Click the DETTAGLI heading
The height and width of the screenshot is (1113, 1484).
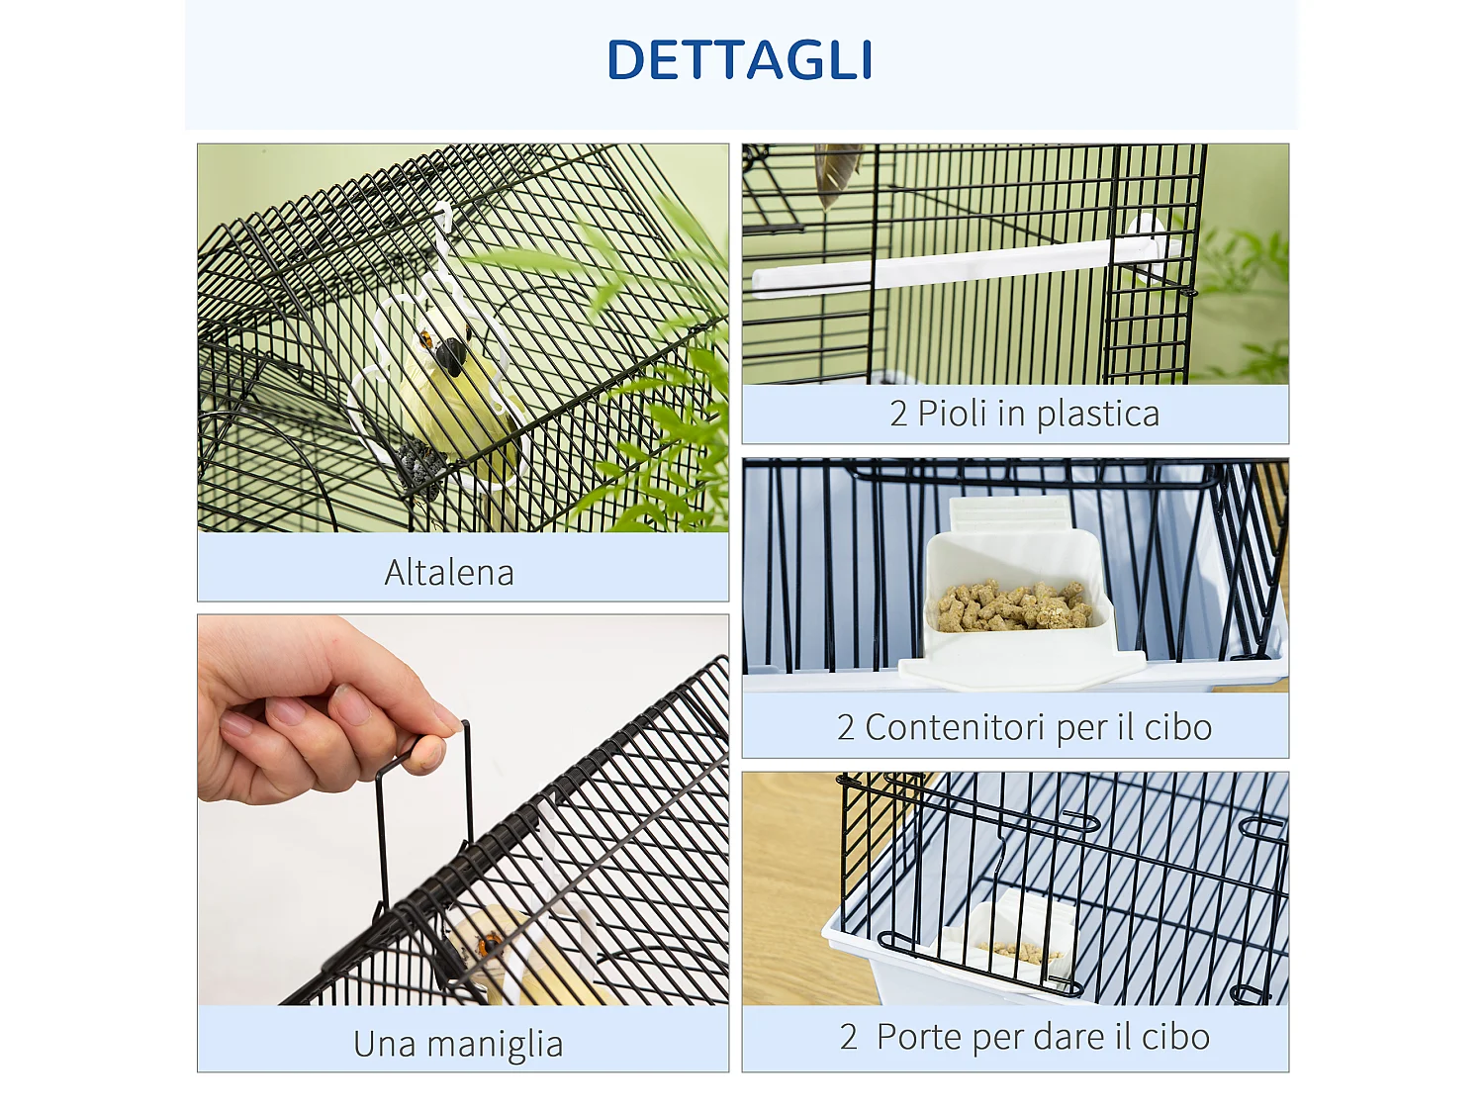(x=740, y=59)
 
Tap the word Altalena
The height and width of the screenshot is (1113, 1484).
(x=449, y=573)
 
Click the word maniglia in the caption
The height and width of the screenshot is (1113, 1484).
(x=495, y=1044)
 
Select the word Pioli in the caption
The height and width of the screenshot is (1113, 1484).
(x=952, y=413)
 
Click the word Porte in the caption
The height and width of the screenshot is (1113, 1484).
(x=919, y=1037)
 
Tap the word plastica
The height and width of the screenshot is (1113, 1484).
(x=1098, y=415)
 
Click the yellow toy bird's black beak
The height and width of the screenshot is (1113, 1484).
(x=450, y=356)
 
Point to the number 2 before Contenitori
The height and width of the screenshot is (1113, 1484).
(x=845, y=727)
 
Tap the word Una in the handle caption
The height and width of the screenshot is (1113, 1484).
(x=384, y=1044)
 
